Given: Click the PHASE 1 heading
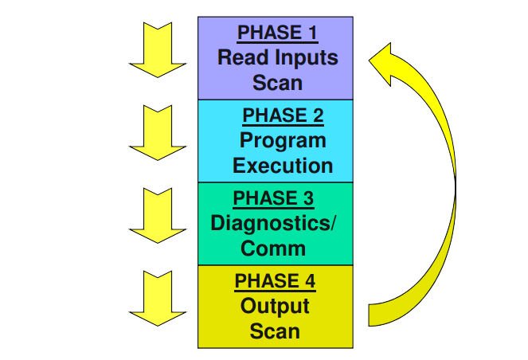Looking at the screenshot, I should click(x=278, y=33).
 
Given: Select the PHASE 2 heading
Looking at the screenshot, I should click(x=283, y=115).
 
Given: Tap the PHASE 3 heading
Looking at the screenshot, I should click(x=272, y=198).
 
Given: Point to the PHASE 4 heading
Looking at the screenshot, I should click(x=276, y=280).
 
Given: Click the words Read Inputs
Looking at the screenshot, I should click(x=278, y=57).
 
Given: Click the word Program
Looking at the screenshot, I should click(x=283, y=140).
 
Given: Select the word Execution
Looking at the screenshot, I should click(x=283, y=166).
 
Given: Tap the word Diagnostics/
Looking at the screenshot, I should click(x=273, y=222).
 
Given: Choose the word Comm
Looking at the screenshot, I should click(x=273, y=248).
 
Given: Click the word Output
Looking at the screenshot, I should click(x=275, y=305).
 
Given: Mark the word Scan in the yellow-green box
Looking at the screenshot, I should click(x=275, y=331).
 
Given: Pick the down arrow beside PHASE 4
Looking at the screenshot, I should click(x=157, y=298).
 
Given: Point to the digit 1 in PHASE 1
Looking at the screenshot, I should click(x=311, y=33).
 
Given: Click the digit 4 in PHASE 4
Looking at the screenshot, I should click(x=309, y=280).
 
